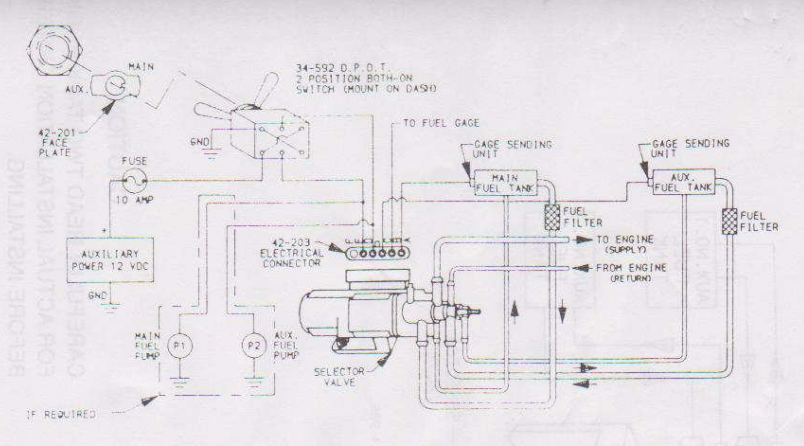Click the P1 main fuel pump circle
coord(180,346)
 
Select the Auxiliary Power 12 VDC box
coord(110,260)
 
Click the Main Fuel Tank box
coord(506,183)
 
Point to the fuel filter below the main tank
coord(552,217)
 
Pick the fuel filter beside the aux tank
coord(729,221)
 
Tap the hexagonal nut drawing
coord(55,50)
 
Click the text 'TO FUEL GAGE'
coord(441,123)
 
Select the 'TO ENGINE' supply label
coord(625,239)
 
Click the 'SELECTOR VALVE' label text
coord(339,377)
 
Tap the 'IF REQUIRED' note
coord(62,414)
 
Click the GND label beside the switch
coord(199,142)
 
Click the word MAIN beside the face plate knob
coord(141,67)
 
